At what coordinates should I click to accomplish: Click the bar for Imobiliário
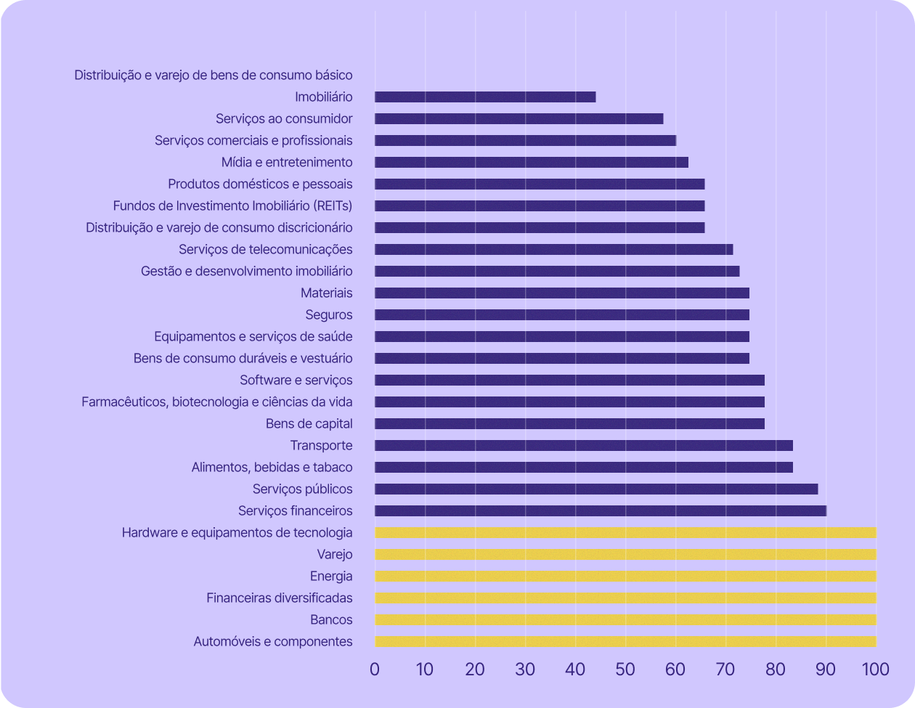point(485,97)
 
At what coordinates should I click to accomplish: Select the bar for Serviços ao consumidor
point(518,118)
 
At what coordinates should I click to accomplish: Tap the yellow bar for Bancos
point(625,619)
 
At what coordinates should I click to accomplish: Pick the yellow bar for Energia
point(625,576)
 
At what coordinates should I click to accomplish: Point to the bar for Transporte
point(583,445)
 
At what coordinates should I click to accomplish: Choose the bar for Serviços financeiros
point(600,510)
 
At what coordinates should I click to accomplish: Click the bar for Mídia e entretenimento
point(531,162)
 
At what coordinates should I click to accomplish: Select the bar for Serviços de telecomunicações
point(553,249)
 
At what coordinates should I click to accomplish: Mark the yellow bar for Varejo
point(625,554)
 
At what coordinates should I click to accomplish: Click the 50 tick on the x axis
point(625,669)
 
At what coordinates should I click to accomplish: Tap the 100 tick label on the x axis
point(875,669)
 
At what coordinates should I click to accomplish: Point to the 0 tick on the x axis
point(375,669)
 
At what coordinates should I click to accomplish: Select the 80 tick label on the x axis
point(776,669)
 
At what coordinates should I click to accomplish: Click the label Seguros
point(329,314)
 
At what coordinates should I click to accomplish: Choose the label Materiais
point(327,293)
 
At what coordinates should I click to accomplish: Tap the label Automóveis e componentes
point(273,641)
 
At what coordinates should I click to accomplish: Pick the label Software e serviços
point(296,380)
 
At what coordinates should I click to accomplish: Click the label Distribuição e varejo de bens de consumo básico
point(213,75)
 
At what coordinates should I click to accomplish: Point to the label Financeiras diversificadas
point(280,598)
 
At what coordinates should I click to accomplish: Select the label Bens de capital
point(309,423)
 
